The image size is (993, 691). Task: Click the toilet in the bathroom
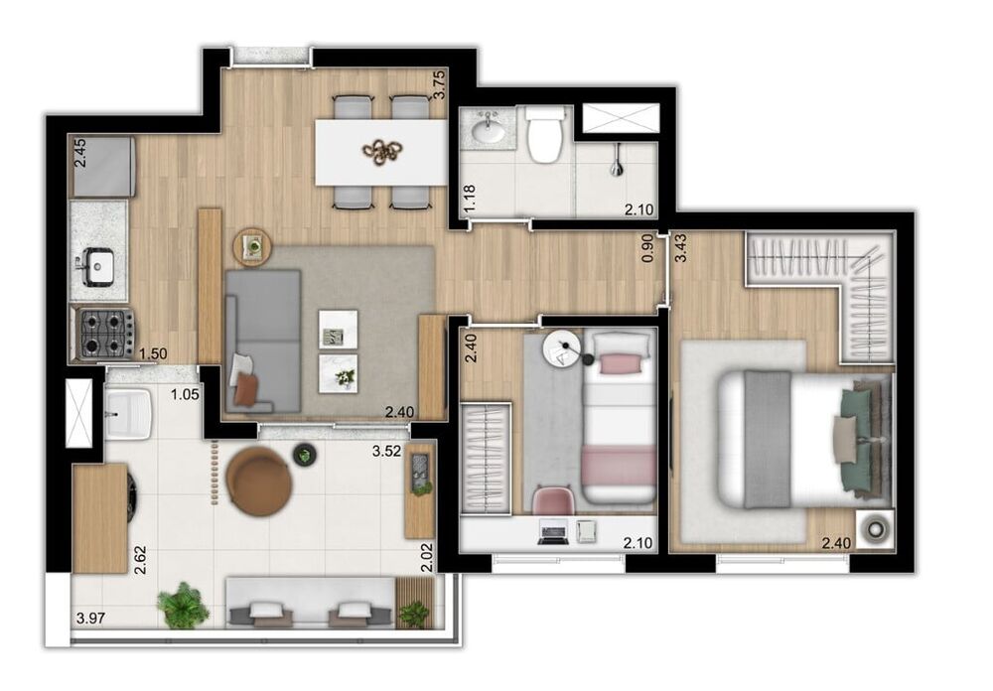click(545, 137)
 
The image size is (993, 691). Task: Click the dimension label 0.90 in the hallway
click(648, 247)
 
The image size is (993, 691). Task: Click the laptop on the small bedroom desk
click(552, 532)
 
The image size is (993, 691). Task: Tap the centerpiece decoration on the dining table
click(383, 151)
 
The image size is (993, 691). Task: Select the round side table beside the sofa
click(252, 245)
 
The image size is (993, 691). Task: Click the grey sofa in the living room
click(263, 341)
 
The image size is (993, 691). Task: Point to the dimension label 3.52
click(385, 451)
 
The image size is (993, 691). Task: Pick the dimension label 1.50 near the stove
click(152, 353)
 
